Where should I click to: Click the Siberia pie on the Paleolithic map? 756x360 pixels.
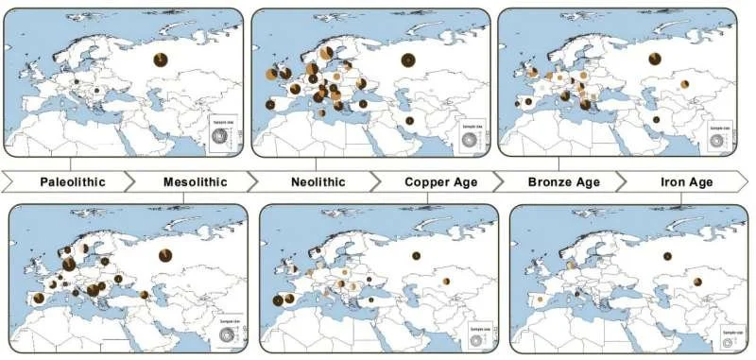(x=161, y=60)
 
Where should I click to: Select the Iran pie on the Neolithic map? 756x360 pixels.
(x=409, y=121)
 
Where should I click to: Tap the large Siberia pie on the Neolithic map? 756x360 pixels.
(x=408, y=60)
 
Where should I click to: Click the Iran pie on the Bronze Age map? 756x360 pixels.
(x=656, y=121)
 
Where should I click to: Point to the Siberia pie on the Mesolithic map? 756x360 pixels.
(x=165, y=254)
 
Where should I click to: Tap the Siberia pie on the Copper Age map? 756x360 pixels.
(x=415, y=256)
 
